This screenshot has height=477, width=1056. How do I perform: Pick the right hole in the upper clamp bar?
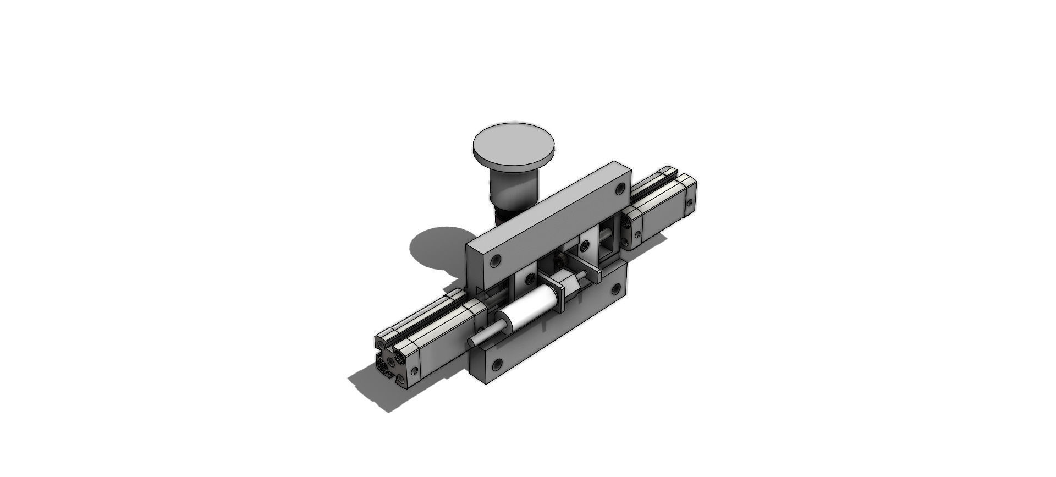tap(620, 189)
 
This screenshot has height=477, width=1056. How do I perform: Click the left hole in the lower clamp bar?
tap(498, 364)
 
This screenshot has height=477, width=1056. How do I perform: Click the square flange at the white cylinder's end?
tap(558, 297)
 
